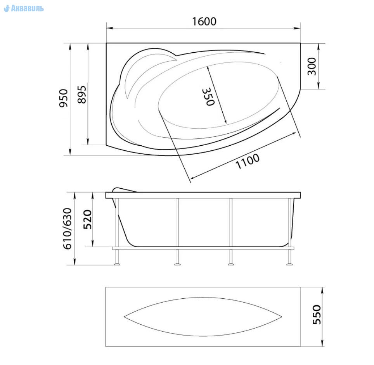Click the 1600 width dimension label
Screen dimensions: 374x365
coord(204,21)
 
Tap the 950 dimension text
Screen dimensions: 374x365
coord(64,98)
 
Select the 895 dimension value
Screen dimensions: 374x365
coord(82,94)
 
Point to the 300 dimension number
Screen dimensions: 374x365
coord(312,66)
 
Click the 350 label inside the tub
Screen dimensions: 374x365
coord(208,96)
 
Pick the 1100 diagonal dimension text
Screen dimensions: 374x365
coord(248,161)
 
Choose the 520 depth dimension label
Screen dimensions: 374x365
coord(88,219)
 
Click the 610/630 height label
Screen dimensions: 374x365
coord(67,229)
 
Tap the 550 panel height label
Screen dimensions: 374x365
coord(317,315)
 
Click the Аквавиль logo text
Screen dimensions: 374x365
coord(24,9)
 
